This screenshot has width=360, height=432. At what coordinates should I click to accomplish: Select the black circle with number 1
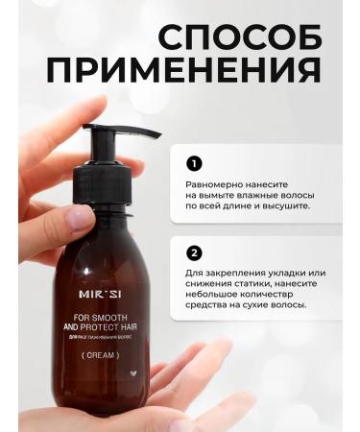(x=194, y=162)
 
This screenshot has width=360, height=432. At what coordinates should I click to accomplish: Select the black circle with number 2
(x=194, y=252)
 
